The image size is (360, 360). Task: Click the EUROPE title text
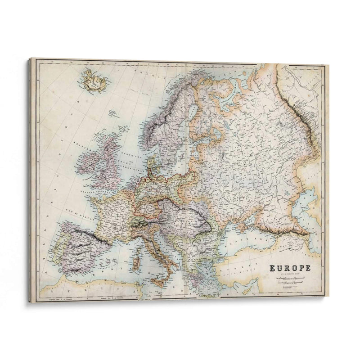coord(290,268)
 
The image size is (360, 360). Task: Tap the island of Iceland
coord(95,81)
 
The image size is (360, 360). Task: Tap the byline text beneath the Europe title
coord(290,274)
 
